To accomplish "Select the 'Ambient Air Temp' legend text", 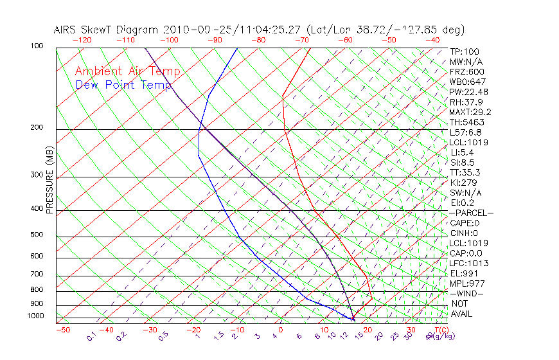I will [127, 71].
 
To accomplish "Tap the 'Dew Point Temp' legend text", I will [123, 85].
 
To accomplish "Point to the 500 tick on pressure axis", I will [36, 235].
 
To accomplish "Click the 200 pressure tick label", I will [36, 128].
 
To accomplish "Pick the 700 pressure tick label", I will [36, 274].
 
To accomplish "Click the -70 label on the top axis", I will [301, 40].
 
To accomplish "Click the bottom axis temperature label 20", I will [367, 330].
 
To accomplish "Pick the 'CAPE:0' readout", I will [464, 223].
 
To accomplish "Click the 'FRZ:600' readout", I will [467, 72].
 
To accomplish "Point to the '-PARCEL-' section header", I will [471, 213].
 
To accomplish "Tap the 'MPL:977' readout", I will [467, 283].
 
